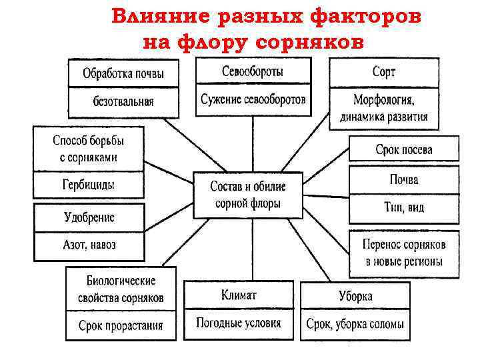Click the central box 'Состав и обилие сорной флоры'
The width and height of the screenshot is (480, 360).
248,195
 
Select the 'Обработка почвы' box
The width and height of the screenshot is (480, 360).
123,73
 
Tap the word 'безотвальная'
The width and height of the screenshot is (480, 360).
123,102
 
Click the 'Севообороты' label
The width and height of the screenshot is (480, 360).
253,71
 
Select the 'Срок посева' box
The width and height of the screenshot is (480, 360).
404,149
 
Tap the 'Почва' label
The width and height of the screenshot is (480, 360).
404,180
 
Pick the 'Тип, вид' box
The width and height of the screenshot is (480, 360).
404,207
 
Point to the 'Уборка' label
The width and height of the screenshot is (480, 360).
355,296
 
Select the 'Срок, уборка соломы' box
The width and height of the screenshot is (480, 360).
355,325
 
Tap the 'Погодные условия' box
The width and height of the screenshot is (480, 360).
238,324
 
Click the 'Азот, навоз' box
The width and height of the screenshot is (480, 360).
89,245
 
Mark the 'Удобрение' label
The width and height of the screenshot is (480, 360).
89,217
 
